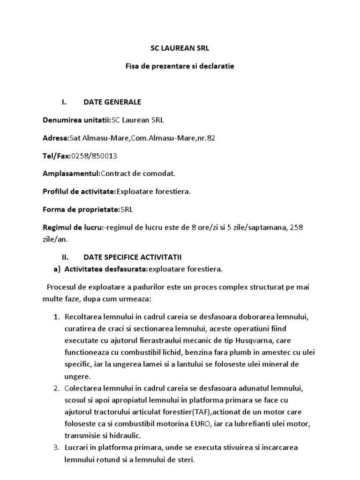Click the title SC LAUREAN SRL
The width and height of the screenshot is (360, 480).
click(180, 48)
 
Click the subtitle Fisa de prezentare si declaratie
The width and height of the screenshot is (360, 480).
click(180, 66)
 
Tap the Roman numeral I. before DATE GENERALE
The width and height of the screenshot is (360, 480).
click(65, 102)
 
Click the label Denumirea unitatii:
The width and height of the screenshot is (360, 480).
click(77, 120)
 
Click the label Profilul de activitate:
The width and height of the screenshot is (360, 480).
click(79, 191)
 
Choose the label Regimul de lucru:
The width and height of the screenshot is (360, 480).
click(73, 227)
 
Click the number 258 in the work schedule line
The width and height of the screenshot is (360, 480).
click(297, 227)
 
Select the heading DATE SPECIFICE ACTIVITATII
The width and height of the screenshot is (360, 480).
click(132, 257)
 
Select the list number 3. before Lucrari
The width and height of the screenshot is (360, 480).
click(56, 448)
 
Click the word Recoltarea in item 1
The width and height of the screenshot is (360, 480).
click(82, 317)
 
